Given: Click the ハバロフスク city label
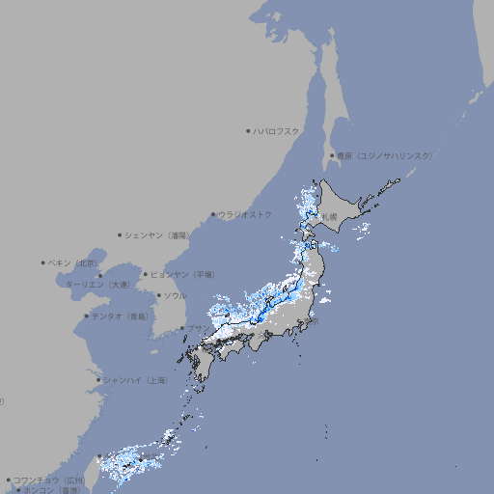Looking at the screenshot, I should [276, 130].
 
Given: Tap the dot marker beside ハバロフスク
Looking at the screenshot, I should [248, 130].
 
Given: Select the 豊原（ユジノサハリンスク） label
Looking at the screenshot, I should [384, 155].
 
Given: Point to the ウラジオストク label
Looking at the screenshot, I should [245, 214].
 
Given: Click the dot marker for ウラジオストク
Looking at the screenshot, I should [213, 214].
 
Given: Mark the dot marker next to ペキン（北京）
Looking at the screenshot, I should [43, 262].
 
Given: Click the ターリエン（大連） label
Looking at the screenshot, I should [97, 285].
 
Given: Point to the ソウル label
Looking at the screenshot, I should [174, 295].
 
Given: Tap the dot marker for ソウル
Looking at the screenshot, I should [158, 295].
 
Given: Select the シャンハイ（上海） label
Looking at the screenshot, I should [135, 380].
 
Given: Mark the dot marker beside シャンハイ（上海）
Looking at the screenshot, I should [97, 380].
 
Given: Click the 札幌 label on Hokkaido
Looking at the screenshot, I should [330, 217].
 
